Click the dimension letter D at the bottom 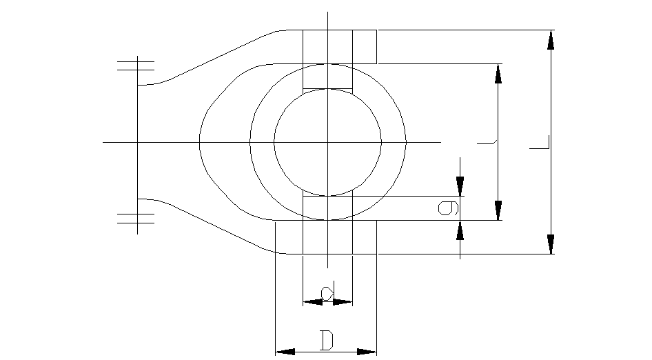[x=327, y=339]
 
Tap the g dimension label [x=449, y=207]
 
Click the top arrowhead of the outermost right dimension [x=551, y=39]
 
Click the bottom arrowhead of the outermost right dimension [x=551, y=244]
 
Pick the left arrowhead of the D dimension [x=285, y=352]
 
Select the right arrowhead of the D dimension [x=367, y=352]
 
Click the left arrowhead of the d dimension [x=312, y=301]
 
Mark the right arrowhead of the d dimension [x=343, y=301]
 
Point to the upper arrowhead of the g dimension [x=460, y=186]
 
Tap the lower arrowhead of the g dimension [x=460, y=230]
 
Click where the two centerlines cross [x=328, y=142]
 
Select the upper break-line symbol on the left [x=136, y=66]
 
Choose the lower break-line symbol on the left [x=136, y=218]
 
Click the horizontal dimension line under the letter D [x=326, y=352]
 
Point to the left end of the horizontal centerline [x=103, y=142]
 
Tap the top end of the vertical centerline [x=328, y=12]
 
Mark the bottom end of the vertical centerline [x=328, y=268]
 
